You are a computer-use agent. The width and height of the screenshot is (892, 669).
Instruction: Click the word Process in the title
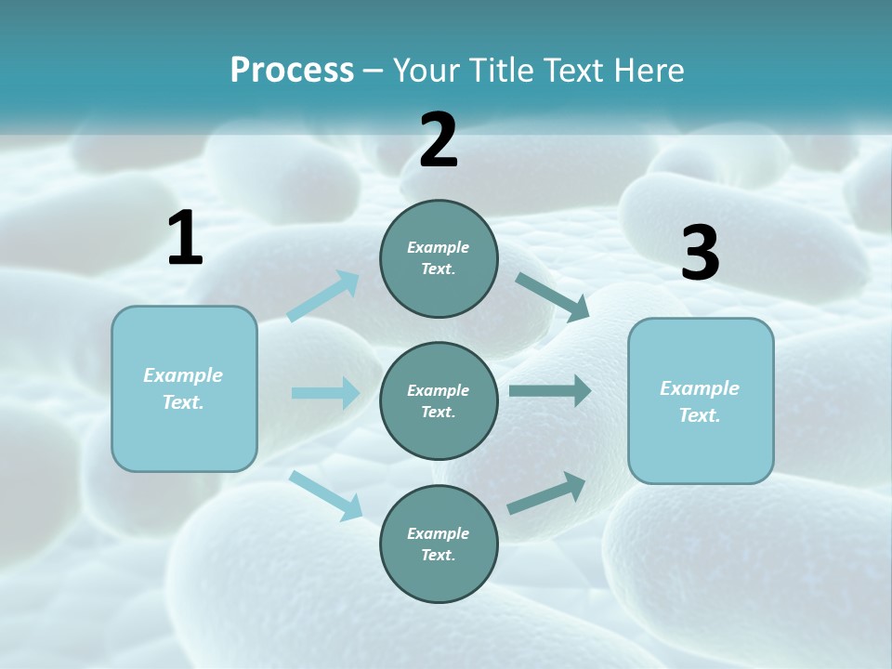[292, 71]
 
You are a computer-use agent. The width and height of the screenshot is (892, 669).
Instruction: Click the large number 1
[185, 239]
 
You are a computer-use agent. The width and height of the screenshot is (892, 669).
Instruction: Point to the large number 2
[439, 140]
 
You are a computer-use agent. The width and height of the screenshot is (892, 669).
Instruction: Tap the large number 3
[700, 254]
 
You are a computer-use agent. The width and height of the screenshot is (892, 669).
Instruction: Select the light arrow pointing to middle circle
[325, 393]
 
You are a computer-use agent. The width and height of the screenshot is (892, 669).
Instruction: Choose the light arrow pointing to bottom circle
[326, 494]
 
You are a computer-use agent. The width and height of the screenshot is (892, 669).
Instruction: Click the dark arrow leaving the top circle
[552, 297]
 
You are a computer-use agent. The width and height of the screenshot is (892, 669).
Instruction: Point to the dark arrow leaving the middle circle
[550, 391]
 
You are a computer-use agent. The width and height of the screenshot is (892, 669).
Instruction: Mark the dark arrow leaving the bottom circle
[546, 493]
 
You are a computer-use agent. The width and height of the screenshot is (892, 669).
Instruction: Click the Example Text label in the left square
[183, 388]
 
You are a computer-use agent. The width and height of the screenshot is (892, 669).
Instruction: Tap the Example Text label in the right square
[700, 401]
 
